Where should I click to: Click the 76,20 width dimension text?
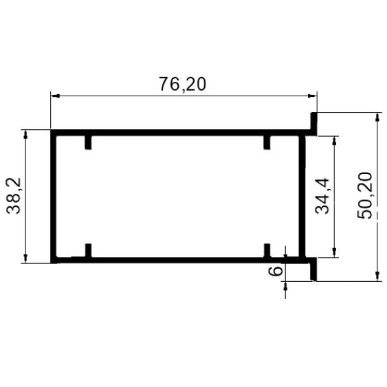point(182,84)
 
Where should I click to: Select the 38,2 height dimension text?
point(14,196)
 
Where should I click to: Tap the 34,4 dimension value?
point(322,196)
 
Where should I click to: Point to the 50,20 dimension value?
point(364,195)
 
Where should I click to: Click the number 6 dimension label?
point(275,271)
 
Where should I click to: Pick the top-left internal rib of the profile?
point(88,142)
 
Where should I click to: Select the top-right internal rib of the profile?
point(267,142)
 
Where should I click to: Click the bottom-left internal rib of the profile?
point(88,250)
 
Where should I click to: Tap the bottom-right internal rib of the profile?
point(267,250)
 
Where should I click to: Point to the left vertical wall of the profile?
point(53,196)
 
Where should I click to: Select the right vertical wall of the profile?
point(302,196)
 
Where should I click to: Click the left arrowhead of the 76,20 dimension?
point(55,96)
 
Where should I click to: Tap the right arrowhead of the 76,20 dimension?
point(312,96)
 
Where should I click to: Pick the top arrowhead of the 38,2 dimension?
point(25,134)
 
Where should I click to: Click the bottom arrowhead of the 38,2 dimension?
point(25,258)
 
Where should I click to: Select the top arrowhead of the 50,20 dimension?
point(377,118)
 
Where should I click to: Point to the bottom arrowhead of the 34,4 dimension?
point(335,252)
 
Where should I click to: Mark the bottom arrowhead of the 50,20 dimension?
point(377,276)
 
